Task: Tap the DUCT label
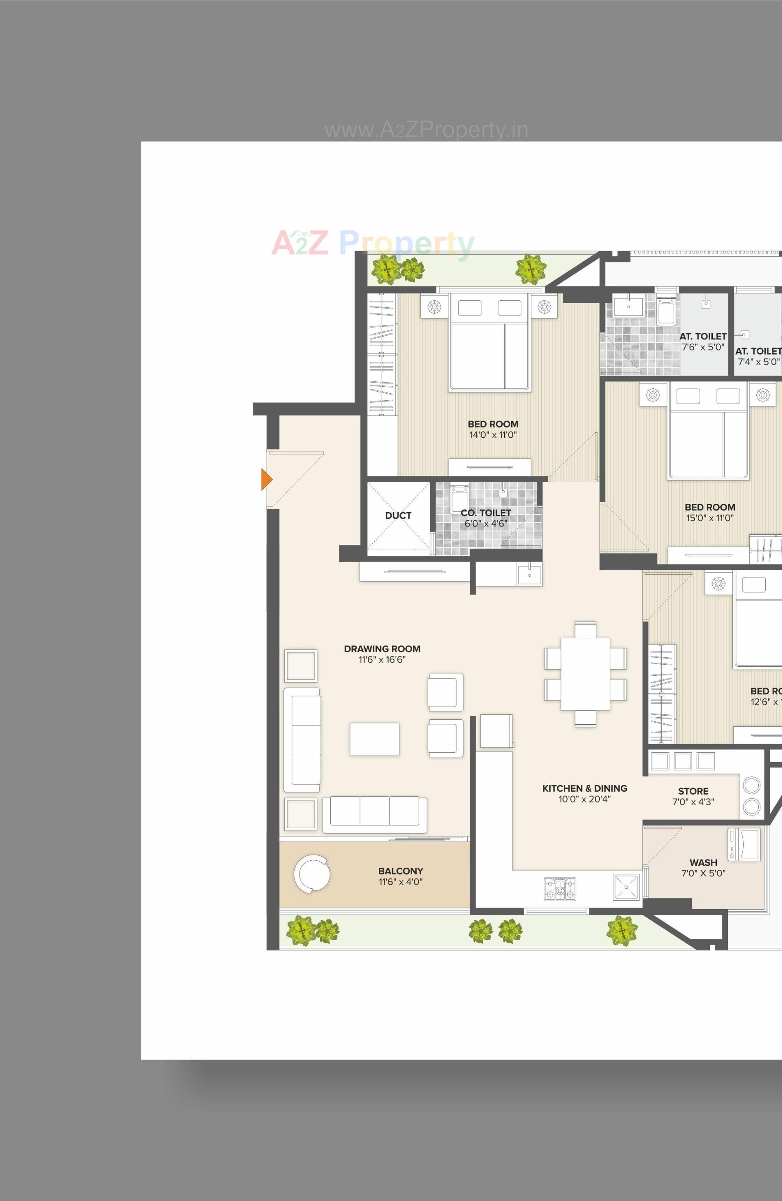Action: click(x=398, y=515)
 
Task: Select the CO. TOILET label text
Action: click(x=485, y=513)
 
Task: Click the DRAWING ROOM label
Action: click(x=382, y=649)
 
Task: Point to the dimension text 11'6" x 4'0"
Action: click(x=400, y=881)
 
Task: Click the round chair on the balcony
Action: click(x=312, y=875)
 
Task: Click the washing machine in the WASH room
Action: click(x=744, y=844)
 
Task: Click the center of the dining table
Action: click(x=585, y=674)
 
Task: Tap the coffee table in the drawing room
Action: click(x=375, y=739)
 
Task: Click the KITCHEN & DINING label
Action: click(x=584, y=788)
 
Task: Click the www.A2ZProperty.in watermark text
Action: click(x=426, y=130)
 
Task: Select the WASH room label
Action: click(x=703, y=862)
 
